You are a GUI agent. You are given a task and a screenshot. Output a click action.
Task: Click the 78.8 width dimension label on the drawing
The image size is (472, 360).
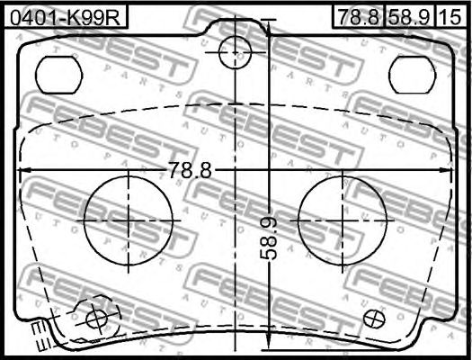(189, 169)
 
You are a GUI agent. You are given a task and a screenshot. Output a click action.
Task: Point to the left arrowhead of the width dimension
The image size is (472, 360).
(23, 170)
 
